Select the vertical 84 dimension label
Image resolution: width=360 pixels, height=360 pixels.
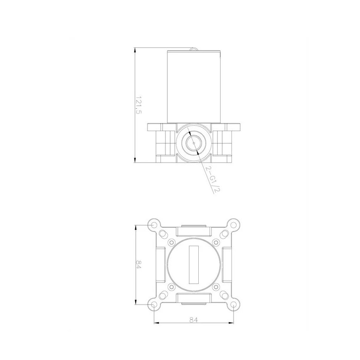[x=139, y=265]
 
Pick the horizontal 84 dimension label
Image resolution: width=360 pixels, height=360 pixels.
[x=194, y=319]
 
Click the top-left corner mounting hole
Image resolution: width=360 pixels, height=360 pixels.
[x=154, y=225]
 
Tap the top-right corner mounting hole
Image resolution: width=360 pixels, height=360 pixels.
[x=234, y=225]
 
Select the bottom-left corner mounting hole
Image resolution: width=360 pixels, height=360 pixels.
[x=154, y=305]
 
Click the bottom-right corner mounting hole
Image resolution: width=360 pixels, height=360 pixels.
[x=234, y=305]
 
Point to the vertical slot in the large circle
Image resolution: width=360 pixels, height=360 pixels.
[x=194, y=265]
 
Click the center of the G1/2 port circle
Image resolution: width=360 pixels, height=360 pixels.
[x=194, y=143]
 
